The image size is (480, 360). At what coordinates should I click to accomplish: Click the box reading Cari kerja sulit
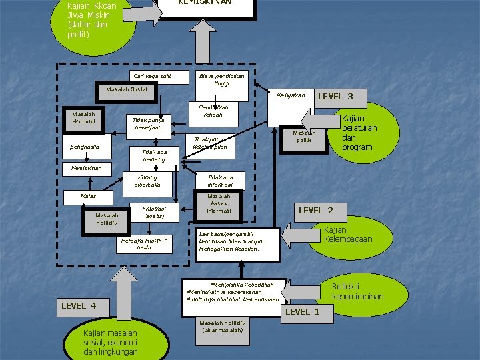point(152,77)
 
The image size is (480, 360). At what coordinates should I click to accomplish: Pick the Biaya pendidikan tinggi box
point(221,80)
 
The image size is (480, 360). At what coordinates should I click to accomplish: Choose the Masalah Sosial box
point(127,89)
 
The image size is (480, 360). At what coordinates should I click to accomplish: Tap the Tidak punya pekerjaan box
point(149,124)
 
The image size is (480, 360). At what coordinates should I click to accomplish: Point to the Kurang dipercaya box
point(147,181)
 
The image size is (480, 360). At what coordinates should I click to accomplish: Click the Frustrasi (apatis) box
point(154,213)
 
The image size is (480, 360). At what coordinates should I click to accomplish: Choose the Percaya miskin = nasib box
point(144,243)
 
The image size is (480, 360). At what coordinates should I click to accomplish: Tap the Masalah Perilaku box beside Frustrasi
point(107,219)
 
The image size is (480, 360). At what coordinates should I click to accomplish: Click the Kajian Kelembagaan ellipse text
point(347,235)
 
